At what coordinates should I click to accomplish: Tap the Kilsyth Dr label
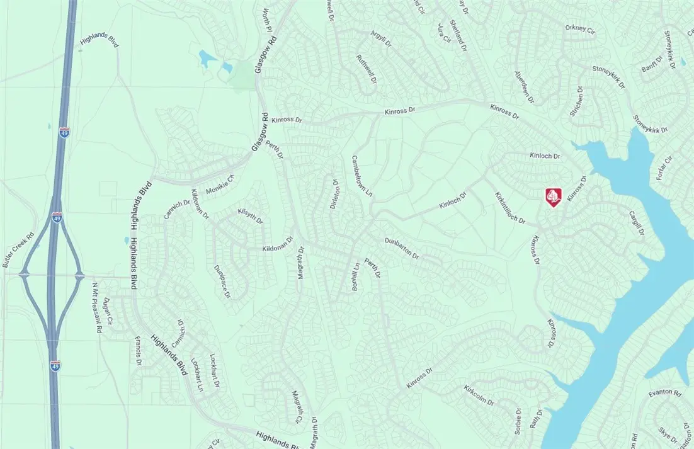tap(249, 215)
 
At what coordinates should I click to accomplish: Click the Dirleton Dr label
tap(336, 195)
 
